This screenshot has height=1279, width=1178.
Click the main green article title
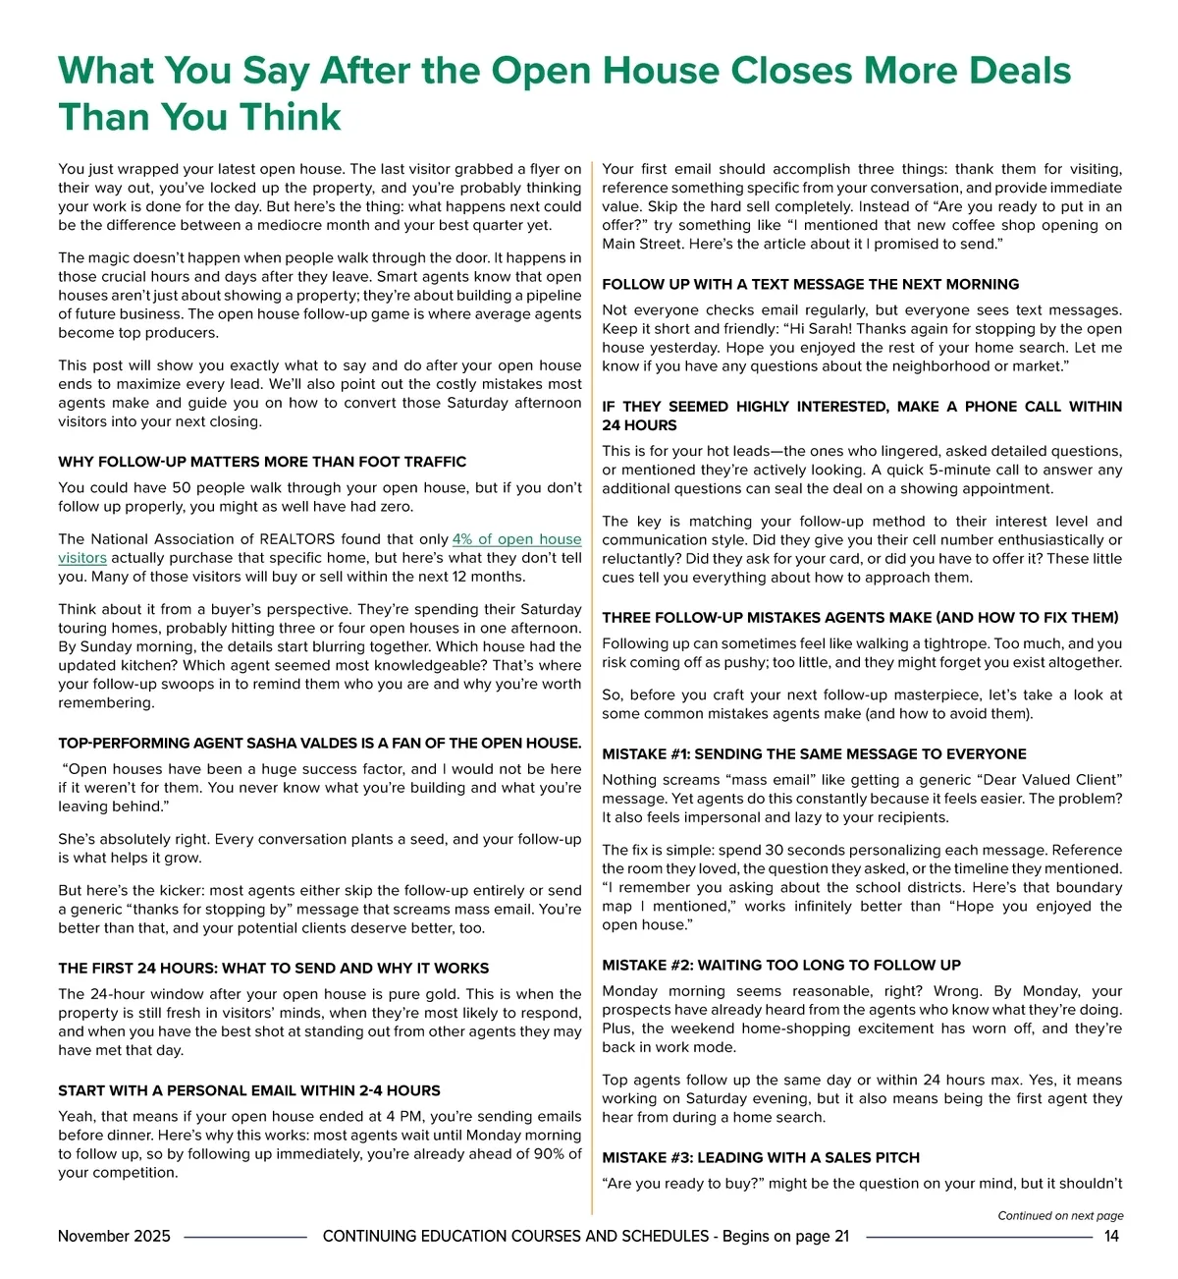(563, 93)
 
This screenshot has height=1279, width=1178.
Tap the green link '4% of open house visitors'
(516, 539)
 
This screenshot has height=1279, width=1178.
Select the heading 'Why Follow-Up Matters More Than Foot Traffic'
(262, 462)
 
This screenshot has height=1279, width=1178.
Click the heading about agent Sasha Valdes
(319, 743)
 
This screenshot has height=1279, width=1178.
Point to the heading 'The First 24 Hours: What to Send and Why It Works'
(273, 968)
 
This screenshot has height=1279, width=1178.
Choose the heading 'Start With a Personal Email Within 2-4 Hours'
(248, 1090)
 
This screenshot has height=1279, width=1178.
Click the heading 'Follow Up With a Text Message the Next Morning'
(810, 284)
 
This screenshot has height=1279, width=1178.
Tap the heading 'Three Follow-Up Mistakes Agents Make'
(860, 617)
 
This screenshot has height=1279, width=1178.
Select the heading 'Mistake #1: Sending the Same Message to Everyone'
(814, 753)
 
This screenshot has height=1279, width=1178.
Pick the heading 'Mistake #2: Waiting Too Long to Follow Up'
(781, 965)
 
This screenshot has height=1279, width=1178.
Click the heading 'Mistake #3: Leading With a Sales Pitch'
(761, 1157)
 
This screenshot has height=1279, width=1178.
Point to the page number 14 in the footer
(1111, 1236)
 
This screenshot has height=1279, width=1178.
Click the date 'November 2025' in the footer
(114, 1236)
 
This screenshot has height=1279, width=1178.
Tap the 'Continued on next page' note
(1060, 1215)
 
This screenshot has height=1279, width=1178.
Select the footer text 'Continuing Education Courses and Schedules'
(515, 1236)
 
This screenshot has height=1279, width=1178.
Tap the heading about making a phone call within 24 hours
(862, 416)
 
